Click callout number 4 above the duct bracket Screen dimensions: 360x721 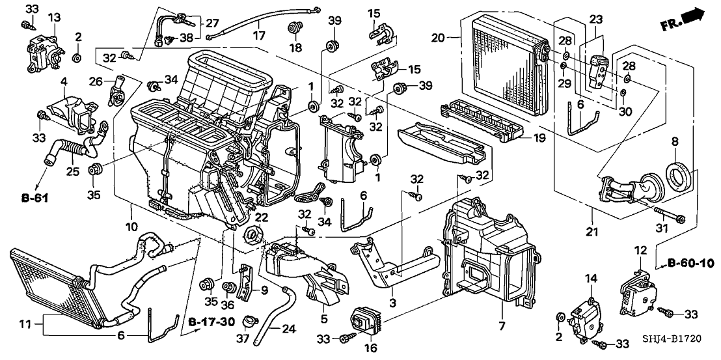tap(64, 81)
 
